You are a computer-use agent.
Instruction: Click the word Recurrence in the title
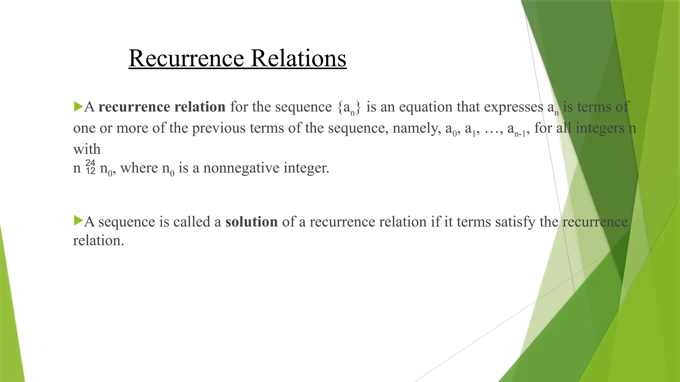(x=186, y=58)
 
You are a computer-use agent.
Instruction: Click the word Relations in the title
(x=298, y=58)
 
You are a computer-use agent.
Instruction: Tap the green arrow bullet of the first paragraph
(x=78, y=107)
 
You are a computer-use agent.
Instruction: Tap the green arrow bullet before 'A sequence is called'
(x=78, y=221)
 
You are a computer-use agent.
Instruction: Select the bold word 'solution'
(x=251, y=222)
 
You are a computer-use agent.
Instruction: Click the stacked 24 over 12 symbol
(x=90, y=167)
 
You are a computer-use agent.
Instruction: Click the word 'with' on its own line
(x=87, y=149)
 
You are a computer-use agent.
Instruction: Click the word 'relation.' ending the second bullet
(x=98, y=241)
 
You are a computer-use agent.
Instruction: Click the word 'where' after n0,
(x=139, y=168)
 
